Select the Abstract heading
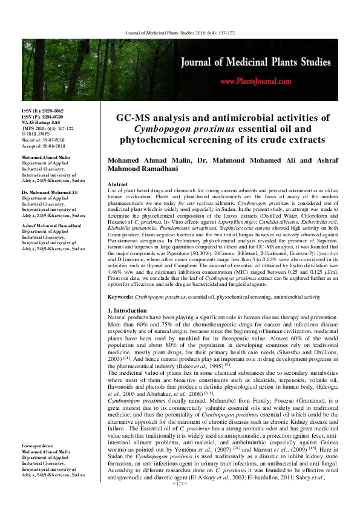[x=117, y=183]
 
